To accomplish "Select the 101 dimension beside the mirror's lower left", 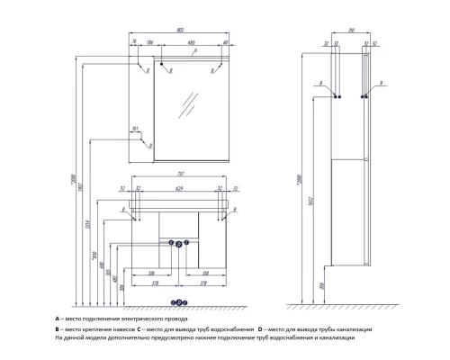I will [133, 129].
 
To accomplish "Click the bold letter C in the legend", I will [138, 328].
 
